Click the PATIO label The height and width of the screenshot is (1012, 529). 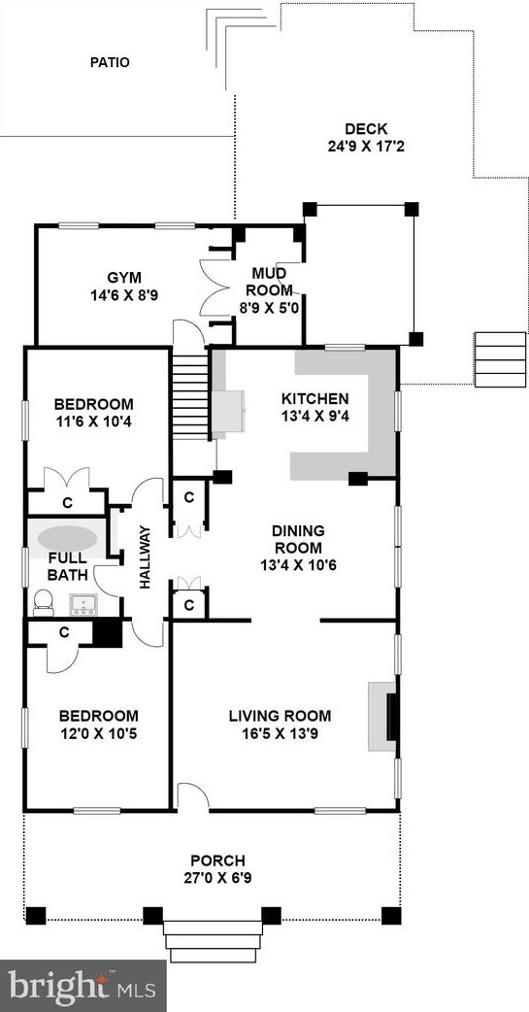coord(110,62)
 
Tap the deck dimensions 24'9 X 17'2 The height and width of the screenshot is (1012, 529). coord(365,149)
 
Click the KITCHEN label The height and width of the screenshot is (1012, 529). coord(314,399)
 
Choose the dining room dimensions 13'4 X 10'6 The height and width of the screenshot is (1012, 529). coord(297,564)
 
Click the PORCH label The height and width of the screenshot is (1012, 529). coord(217,860)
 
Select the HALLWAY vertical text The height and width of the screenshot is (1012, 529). coord(146,557)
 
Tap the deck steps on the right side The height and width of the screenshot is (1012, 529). coord(500,360)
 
